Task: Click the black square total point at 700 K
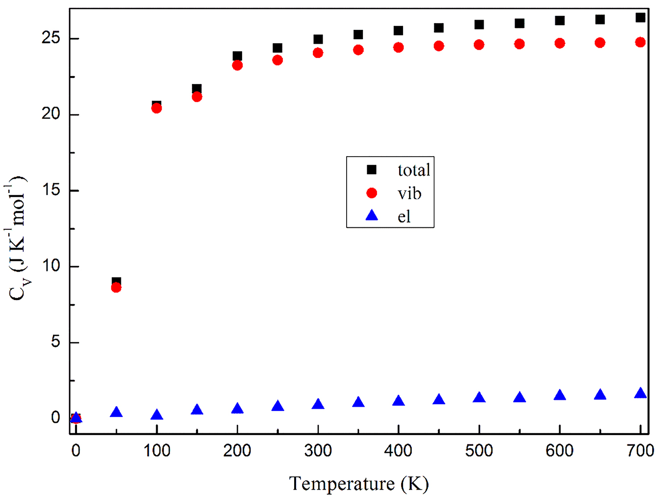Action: pos(640,18)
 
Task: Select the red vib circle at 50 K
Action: pos(116,287)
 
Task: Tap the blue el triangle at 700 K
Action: pos(640,393)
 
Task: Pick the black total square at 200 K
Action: pos(237,56)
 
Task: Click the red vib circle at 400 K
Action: pos(398,48)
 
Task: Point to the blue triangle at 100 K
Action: pos(157,415)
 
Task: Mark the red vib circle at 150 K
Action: pos(197,97)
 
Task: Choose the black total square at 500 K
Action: pos(479,25)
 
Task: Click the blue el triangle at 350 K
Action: pos(358,402)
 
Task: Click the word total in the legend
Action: pos(413,170)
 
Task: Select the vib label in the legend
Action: pos(409,194)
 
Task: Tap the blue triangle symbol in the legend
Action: pos(372,216)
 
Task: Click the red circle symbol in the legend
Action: pos(372,193)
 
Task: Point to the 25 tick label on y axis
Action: pos(51,38)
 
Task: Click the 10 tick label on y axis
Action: pos(51,266)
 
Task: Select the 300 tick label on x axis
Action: pos(318,450)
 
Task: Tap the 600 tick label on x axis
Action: pos(559,450)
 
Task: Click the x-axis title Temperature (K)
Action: pos(358,484)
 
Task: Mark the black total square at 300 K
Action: pos(318,39)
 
